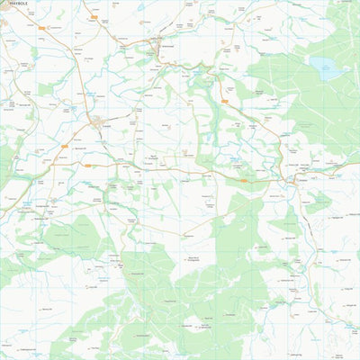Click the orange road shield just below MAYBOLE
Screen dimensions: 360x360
42,28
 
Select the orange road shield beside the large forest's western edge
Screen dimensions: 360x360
223,102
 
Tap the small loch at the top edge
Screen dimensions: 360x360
141,5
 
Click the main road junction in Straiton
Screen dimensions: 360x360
293,183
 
